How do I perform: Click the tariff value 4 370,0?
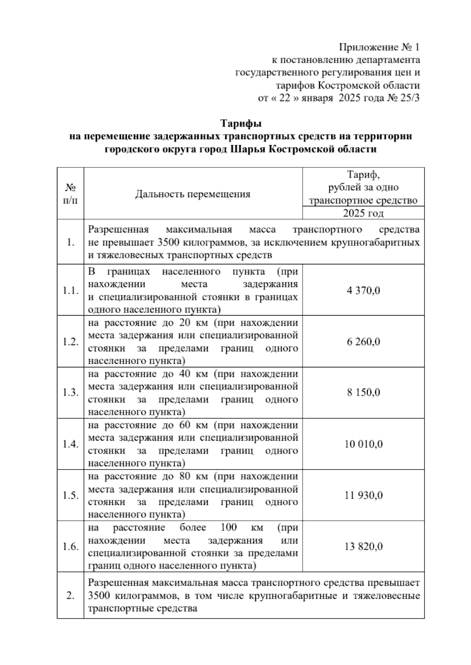tap(363, 291)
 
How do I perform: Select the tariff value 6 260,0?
tap(363, 342)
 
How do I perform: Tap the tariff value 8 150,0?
tap(363, 392)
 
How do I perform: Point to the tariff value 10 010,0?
tap(363, 444)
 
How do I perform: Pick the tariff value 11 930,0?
tap(363, 495)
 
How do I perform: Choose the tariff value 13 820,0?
tap(363, 547)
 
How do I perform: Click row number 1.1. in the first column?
tap(71, 291)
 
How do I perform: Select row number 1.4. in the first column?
tap(71, 444)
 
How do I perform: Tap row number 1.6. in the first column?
tap(71, 547)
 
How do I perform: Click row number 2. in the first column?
tap(71, 596)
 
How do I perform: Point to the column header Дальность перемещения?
tap(193, 194)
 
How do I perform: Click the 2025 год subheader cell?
tap(363, 213)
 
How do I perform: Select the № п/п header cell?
tap(71, 194)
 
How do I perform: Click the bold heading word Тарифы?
tap(240, 124)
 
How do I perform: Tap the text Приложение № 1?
tap(379, 47)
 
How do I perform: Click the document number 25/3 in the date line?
tap(410, 98)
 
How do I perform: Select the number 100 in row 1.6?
tap(229, 527)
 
